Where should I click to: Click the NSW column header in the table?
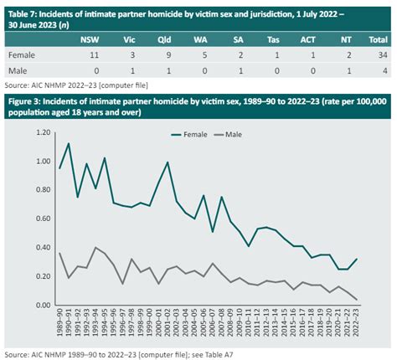[87, 39]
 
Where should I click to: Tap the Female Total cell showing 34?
[381, 54]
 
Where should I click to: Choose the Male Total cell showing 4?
[384, 70]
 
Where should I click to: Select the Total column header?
[379, 39]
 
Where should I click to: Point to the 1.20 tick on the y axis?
[36, 132]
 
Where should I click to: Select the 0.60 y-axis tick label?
[36, 219]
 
